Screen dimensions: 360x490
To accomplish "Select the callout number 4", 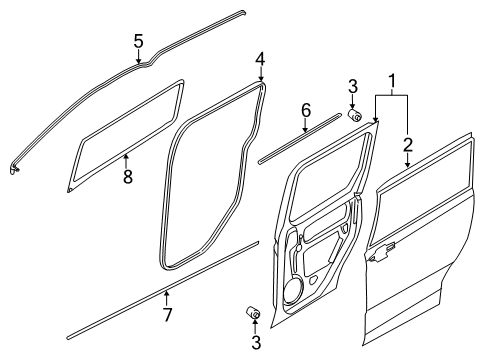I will tap(259, 57).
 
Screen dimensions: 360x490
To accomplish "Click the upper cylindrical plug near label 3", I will tap(354, 116).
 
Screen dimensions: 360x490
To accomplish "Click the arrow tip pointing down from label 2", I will tap(407, 166).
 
